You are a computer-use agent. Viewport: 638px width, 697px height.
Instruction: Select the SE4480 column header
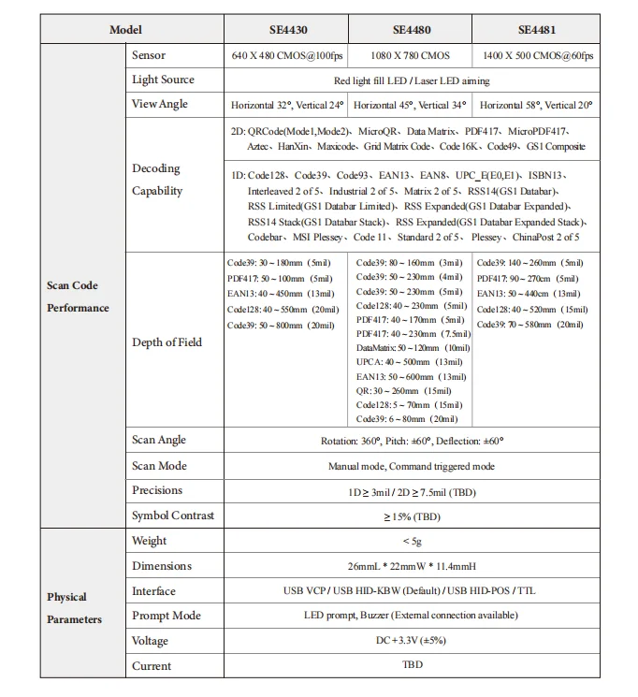pos(412,29)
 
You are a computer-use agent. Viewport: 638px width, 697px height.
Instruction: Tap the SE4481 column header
pos(537,29)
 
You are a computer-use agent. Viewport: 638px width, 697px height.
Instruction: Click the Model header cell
pos(125,29)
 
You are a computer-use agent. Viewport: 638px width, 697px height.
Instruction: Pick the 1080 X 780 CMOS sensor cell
pos(412,56)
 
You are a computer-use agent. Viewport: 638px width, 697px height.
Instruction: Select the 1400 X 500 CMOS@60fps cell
pos(536,56)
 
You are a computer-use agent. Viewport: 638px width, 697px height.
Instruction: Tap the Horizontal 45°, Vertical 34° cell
pos(412,105)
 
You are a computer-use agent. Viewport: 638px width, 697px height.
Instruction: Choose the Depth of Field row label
pos(167,342)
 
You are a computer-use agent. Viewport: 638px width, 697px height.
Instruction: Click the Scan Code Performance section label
pos(79,297)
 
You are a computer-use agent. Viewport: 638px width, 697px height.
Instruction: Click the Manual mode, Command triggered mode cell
pos(412,466)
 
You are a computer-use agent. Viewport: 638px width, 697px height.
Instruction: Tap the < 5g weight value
pos(412,541)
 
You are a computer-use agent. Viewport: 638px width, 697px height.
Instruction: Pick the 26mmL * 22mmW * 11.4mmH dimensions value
pos(412,566)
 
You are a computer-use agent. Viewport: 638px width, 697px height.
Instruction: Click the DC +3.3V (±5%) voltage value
pos(412,641)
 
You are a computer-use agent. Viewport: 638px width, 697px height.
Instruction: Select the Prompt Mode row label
pos(167,616)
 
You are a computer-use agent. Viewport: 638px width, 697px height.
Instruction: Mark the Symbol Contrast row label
pos(173,515)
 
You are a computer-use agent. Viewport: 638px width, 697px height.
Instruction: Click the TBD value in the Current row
pos(412,666)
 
